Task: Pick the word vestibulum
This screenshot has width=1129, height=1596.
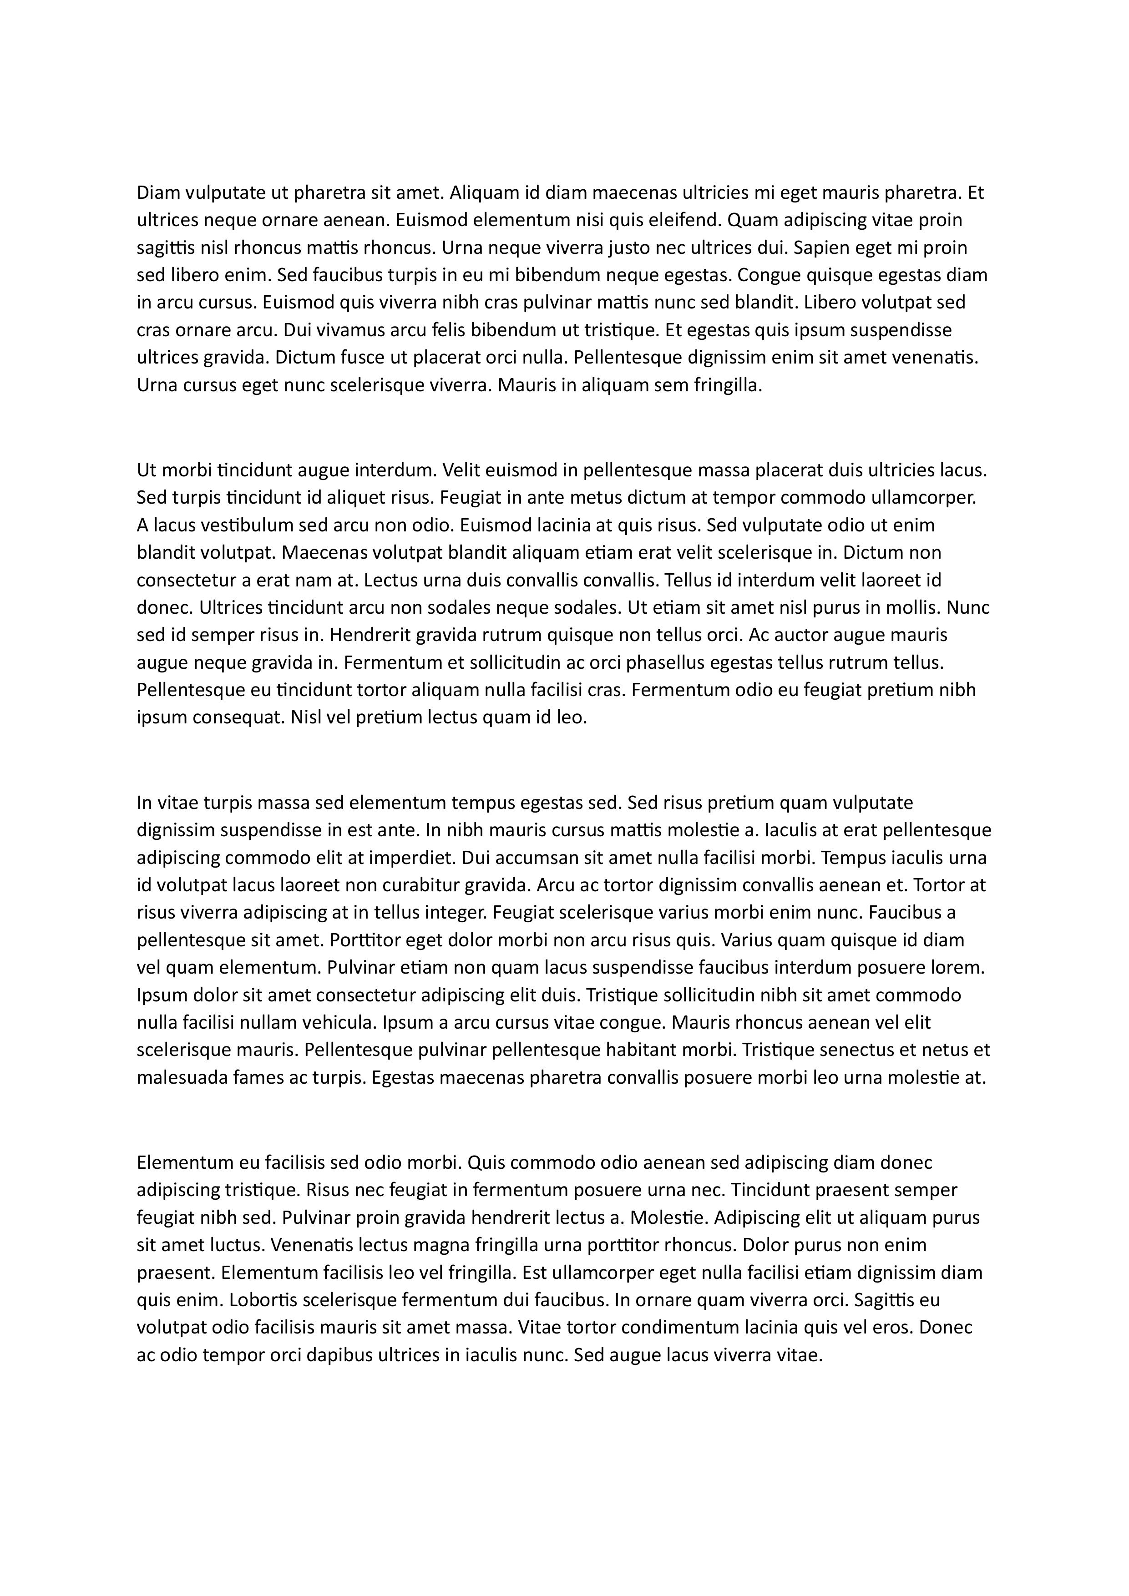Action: [x=215, y=525]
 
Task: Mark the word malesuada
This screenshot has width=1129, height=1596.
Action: [x=179, y=1078]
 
